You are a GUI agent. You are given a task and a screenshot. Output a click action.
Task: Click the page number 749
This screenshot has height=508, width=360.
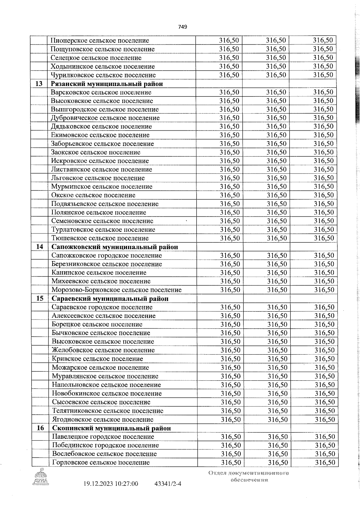coord(183,27)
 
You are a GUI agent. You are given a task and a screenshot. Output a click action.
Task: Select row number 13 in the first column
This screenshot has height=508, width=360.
coord(39,84)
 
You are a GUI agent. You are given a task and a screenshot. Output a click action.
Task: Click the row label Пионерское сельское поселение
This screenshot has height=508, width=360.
coord(100,40)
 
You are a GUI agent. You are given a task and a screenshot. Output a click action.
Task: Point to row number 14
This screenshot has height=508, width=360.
coord(40,247)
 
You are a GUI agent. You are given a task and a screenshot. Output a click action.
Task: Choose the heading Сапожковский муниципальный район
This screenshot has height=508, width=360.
coord(115,247)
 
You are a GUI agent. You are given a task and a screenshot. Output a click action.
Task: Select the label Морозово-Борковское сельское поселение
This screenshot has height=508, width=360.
coord(116,290)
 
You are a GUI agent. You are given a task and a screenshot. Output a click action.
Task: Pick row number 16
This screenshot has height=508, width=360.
coord(40,428)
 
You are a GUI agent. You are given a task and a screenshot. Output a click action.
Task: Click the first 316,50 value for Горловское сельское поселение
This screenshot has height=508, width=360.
coord(231,462)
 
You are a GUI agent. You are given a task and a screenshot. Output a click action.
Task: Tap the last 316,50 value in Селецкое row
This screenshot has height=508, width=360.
coord(323,58)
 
